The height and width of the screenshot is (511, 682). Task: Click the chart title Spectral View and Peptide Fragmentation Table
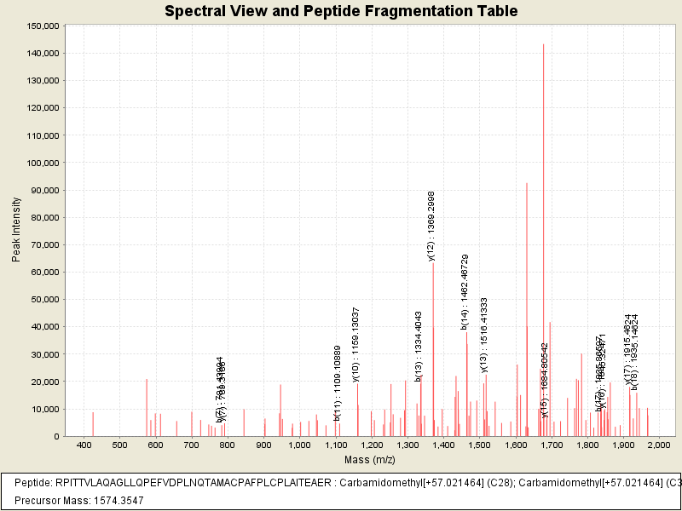coord(341,11)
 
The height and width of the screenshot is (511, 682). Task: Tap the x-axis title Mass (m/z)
coord(369,460)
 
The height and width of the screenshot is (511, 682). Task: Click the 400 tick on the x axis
coord(84,445)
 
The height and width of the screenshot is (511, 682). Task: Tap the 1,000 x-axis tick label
coord(299,445)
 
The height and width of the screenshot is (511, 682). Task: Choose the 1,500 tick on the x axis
coord(479,445)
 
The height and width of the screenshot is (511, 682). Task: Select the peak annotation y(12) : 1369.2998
coord(431,226)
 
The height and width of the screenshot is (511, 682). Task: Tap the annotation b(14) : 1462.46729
coord(465,291)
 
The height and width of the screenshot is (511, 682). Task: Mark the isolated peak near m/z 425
coord(93,424)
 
